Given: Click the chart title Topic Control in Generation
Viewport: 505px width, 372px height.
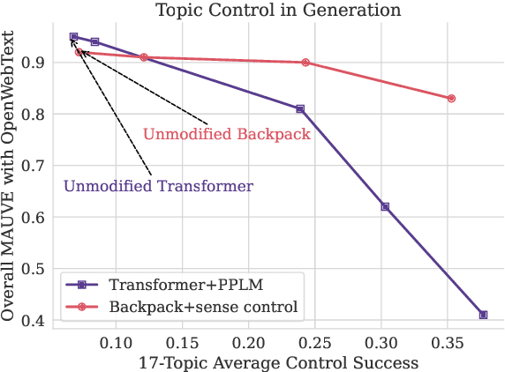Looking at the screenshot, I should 277,11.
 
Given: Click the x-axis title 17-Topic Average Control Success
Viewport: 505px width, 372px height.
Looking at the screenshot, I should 277,361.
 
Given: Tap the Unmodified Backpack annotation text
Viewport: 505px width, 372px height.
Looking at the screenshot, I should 226,135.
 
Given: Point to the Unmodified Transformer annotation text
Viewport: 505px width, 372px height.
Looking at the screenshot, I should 158,186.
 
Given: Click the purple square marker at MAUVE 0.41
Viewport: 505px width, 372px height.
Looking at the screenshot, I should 483,315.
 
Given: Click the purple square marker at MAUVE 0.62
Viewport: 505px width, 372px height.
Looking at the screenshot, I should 385,206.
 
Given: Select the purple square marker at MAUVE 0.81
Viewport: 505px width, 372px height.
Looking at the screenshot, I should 300,108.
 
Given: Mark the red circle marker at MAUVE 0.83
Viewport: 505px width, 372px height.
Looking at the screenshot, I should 451,99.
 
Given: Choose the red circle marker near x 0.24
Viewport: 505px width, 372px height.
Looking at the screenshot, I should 305,63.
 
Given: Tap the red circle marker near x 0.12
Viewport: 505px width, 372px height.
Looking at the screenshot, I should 144,57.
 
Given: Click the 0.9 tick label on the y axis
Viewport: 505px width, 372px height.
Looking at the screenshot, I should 35,63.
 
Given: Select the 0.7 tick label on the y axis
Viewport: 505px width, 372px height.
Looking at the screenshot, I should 35,166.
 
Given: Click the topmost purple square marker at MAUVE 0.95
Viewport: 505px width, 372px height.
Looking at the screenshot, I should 74,37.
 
